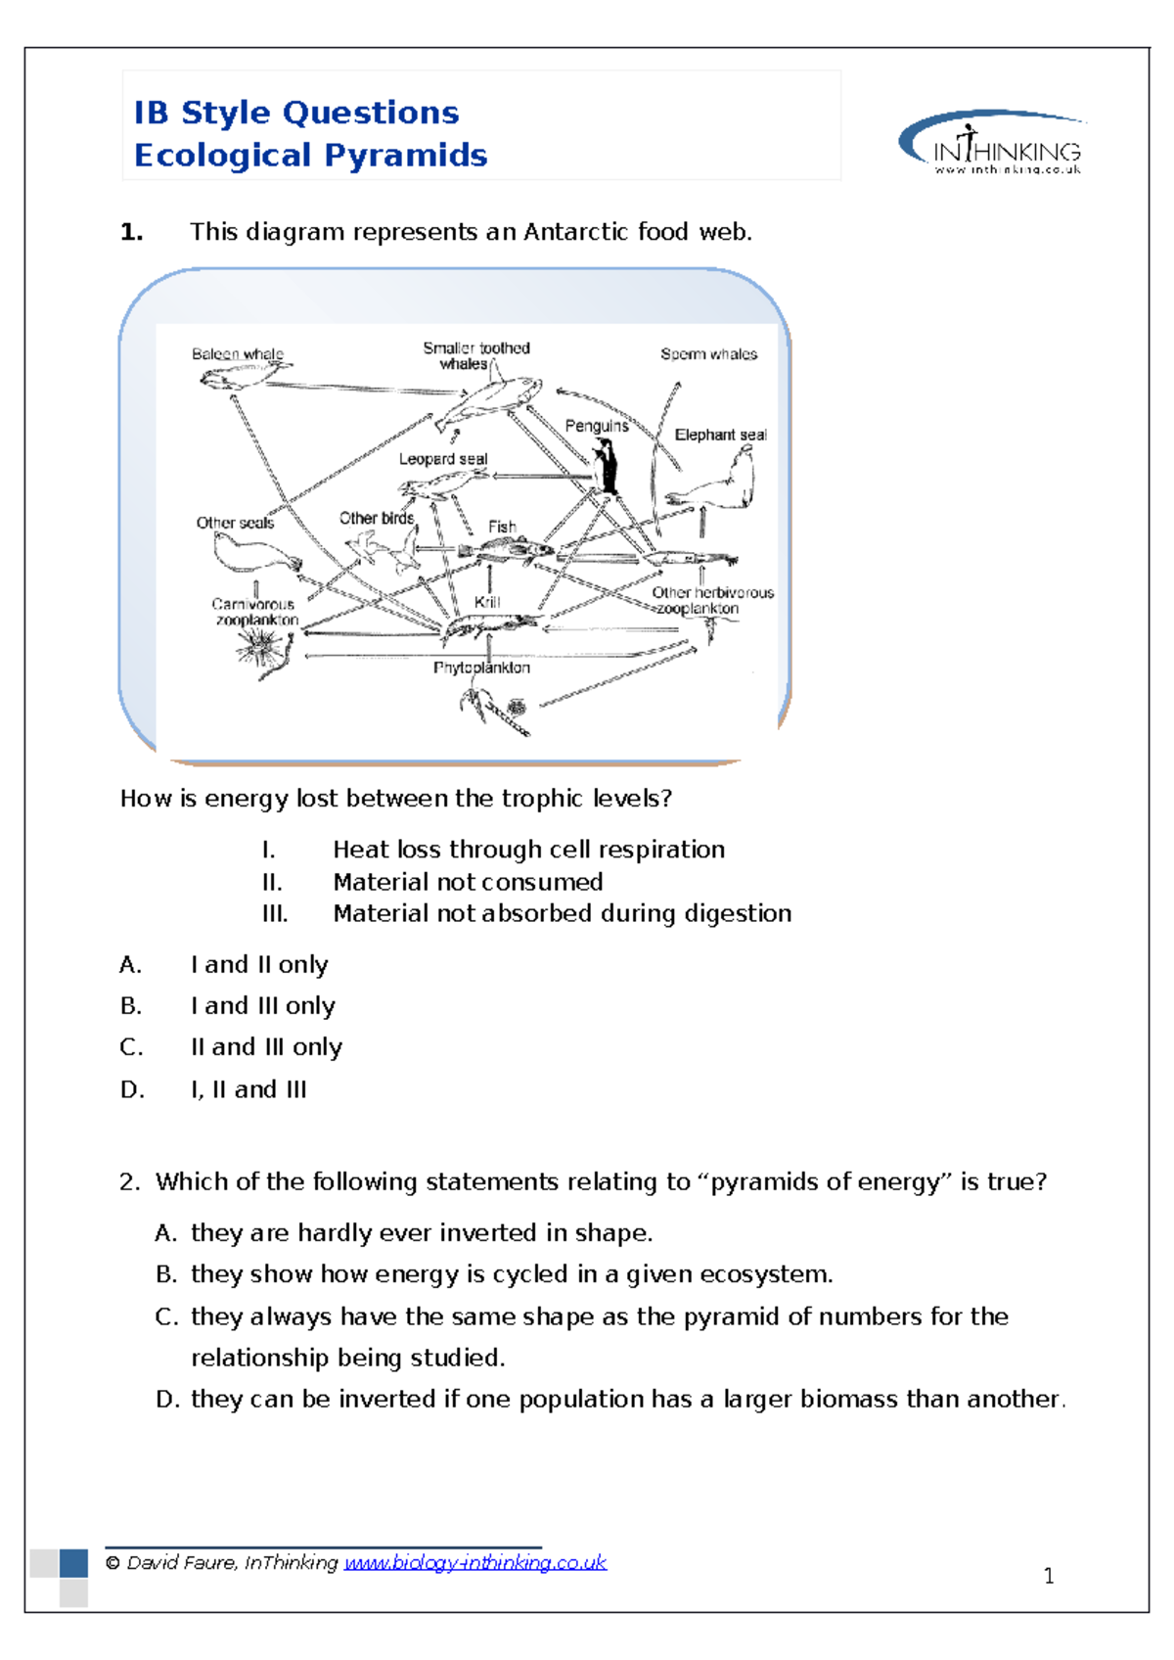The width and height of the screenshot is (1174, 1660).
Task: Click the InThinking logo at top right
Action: [x=992, y=144]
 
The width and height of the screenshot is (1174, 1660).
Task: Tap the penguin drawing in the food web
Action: [x=607, y=466]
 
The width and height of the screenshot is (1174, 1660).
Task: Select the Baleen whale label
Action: [x=237, y=354]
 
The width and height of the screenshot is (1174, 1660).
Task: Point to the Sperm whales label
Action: [x=708, y=354]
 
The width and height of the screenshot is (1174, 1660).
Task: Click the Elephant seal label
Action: [x=720, y=435]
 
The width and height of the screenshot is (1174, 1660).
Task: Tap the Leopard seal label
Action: [x=442, y=459]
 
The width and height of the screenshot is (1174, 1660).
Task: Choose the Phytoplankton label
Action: [x=481, y=668]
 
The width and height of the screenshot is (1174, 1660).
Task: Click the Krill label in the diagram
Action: [x=486, y=602]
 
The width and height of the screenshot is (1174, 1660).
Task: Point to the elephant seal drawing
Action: [x=719, y=484]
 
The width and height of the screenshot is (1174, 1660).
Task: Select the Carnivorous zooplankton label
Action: [x=255, y=613]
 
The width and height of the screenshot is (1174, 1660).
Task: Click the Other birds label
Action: [x=377, y=518]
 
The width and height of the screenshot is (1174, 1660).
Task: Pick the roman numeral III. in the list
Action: [x=275, y=914]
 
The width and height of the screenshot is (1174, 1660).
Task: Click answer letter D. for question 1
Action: [x=132, y=1089]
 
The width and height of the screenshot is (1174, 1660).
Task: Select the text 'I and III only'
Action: [x=262, y=1006]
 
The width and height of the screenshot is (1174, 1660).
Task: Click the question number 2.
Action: [x=129, y=1182]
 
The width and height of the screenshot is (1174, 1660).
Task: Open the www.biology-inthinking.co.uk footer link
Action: [x=475, y=1563]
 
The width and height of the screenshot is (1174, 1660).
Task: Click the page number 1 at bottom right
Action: [x=1049, y=1576]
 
